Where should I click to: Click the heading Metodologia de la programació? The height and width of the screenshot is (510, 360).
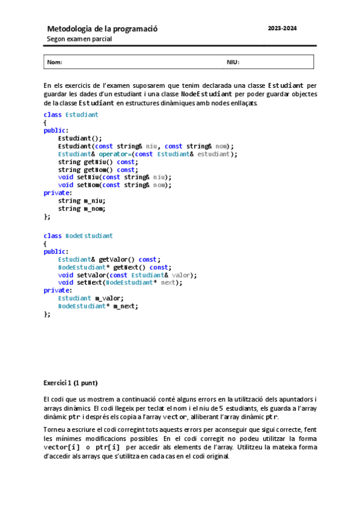(102, 28)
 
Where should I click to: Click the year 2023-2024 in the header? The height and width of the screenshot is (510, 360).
(282, 28)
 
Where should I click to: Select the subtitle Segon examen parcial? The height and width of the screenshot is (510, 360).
(79, 39)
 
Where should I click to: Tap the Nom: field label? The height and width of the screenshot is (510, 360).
(55, 62)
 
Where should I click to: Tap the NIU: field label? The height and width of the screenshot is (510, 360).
(233, 62)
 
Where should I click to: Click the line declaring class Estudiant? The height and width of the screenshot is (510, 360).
(71, 114)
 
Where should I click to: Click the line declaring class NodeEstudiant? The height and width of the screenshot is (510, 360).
(78, 236)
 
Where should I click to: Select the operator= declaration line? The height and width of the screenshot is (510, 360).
(147, 154)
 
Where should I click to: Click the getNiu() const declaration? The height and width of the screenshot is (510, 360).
(97, 162)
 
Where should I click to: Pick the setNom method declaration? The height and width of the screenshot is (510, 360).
(114, 185)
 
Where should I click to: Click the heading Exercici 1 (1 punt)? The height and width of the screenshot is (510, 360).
(70, 383)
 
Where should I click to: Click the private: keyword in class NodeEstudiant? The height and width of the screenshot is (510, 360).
(57, 290)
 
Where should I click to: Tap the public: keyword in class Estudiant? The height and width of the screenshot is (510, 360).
(55, 130)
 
